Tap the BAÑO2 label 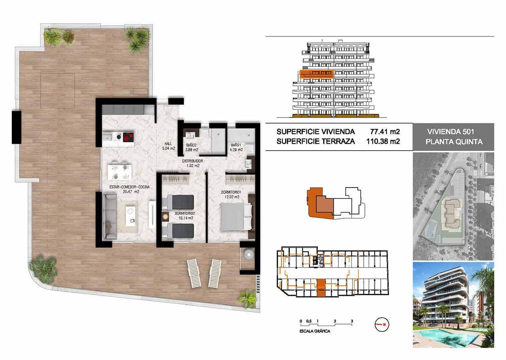pos(192,145)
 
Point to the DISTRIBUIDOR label pos(193,161)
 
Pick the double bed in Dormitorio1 pos(236,216)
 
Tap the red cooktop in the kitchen pos(128,137)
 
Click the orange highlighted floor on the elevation pos(316,73)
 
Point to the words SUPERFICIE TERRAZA pos(315,140)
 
